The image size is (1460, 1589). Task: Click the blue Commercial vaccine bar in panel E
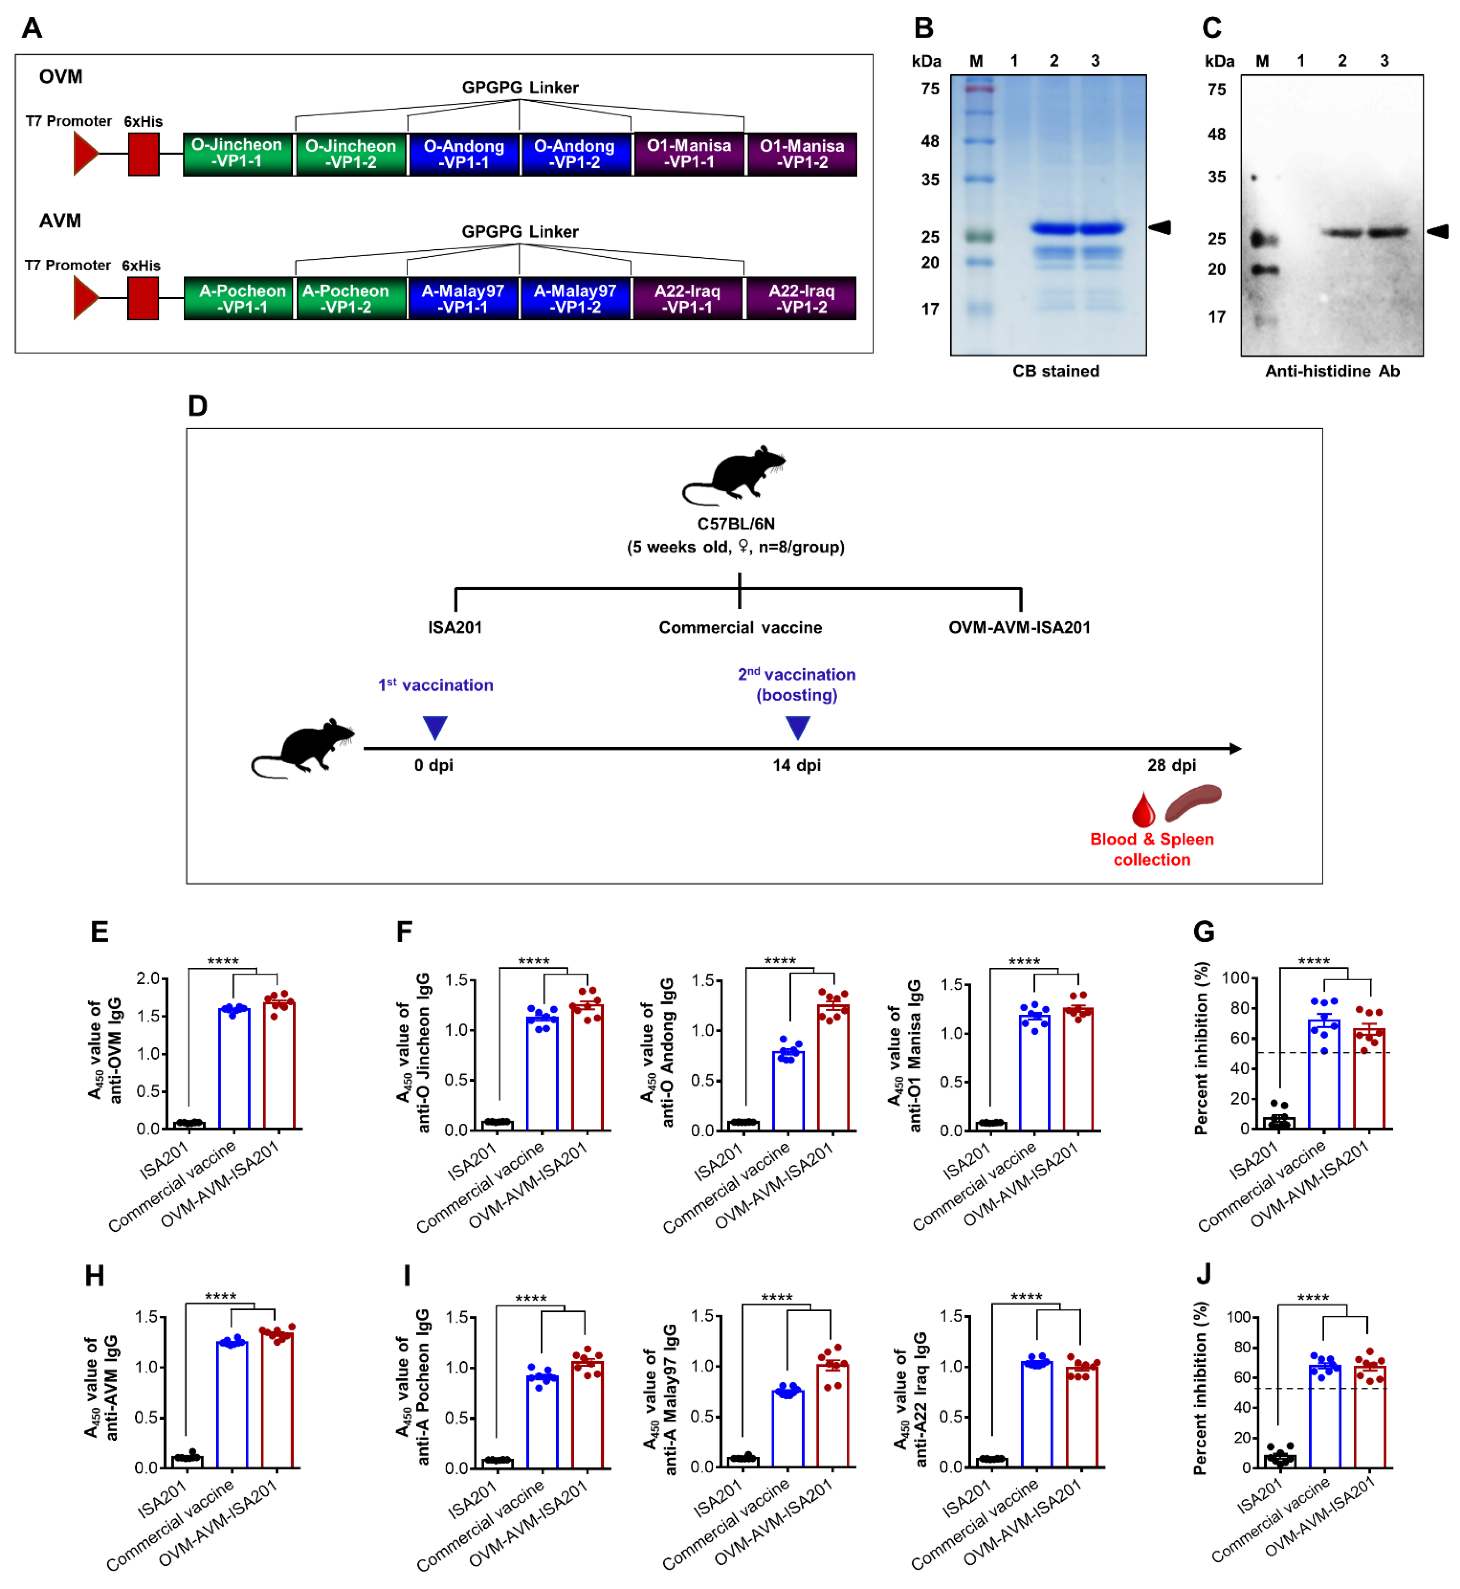234,1068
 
